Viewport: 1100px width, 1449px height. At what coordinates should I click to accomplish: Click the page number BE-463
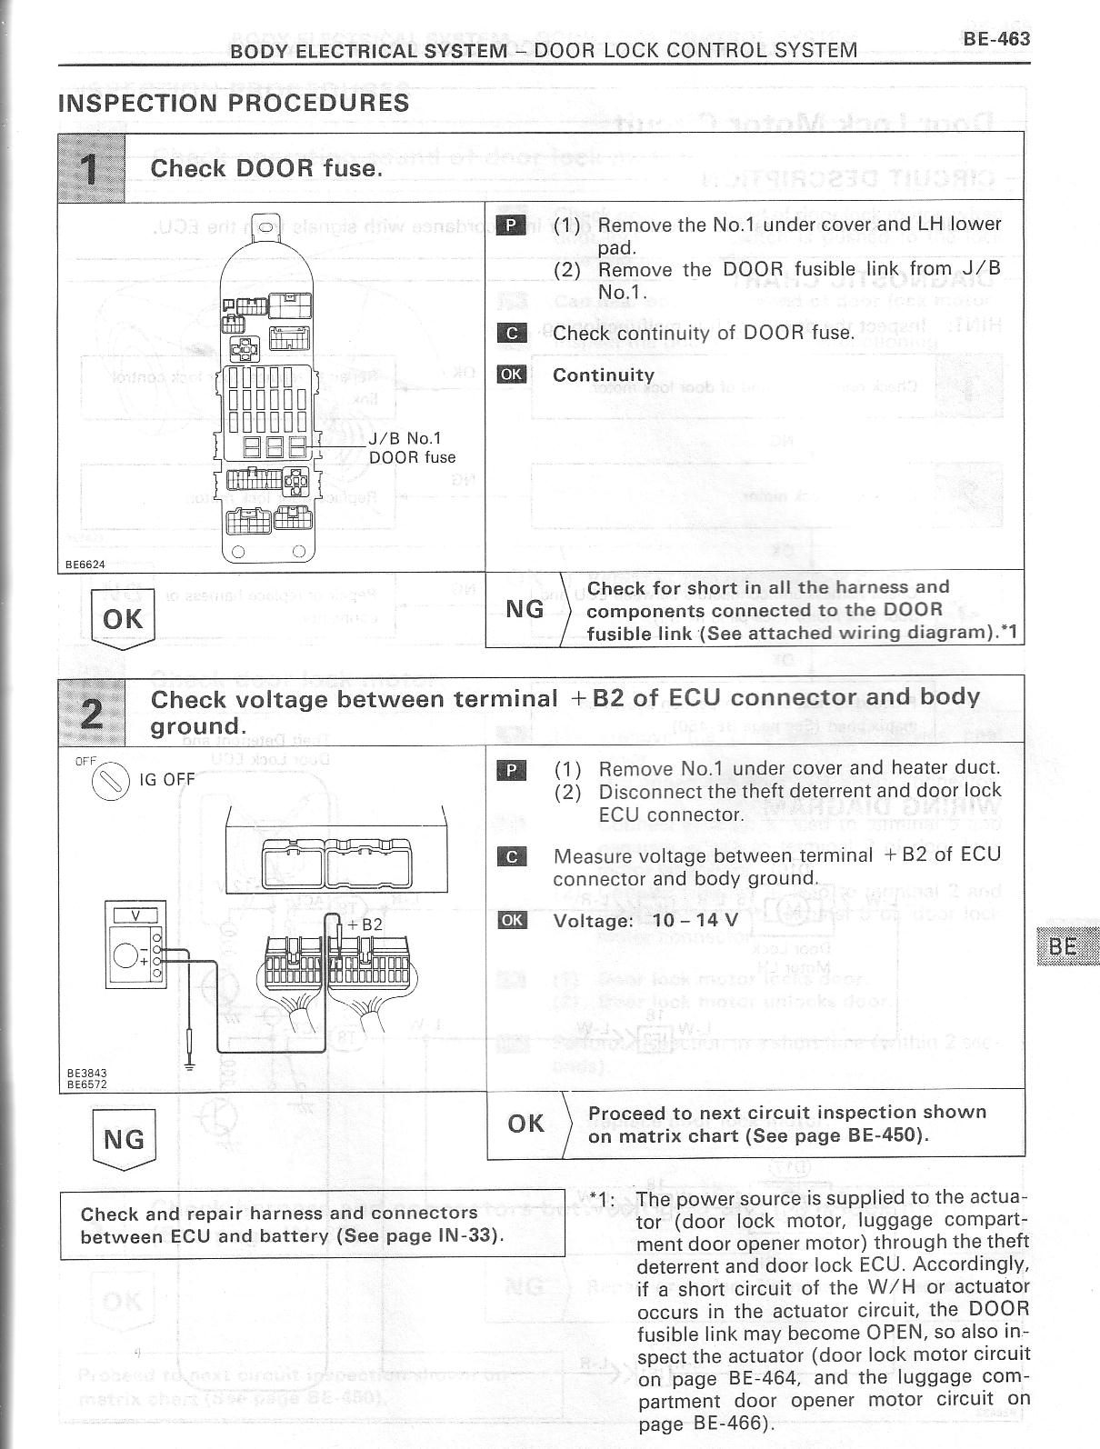pos(995,38)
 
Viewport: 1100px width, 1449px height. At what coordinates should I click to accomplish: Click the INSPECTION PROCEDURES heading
pos(234,103)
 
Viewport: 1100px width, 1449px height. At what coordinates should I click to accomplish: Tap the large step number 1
pos(92,168)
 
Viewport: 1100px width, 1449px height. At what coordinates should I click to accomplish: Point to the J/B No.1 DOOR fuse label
pos(412,448)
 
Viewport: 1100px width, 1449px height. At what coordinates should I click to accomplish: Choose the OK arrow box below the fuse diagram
pos(124,619)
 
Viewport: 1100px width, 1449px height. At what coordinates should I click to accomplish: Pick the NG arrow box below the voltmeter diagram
pos(124,1139)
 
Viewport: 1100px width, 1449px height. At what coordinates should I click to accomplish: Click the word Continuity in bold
pos(604,375)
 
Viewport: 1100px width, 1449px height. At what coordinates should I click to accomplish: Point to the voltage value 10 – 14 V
pos(695,919)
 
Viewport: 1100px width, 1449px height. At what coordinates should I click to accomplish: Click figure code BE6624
pos(85,565)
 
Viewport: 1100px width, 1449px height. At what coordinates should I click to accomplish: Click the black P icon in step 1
pos(512,225)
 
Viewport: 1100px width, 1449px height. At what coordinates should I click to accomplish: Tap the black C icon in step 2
pos(512,856)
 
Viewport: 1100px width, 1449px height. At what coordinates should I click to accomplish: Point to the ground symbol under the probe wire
pos(189,1065)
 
